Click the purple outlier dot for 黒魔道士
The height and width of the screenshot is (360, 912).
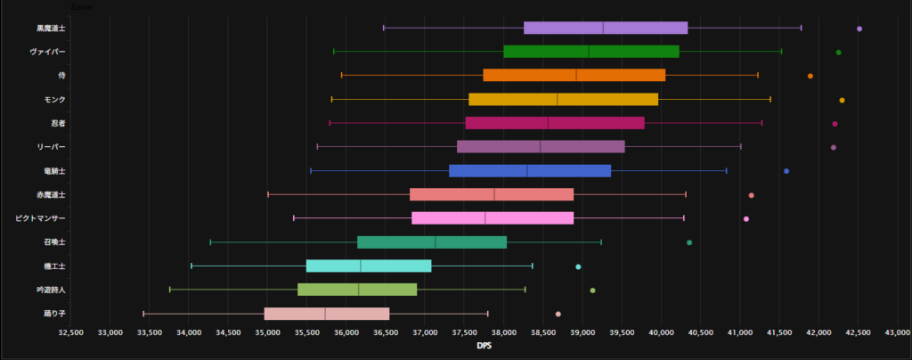tap(859, 29)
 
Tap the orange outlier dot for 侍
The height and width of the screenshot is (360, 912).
tap(810, 76)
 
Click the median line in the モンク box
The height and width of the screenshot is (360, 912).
tap(558, 99)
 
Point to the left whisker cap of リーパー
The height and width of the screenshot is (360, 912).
tap(317, 146)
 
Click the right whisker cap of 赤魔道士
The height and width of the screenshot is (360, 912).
tap(686, 194)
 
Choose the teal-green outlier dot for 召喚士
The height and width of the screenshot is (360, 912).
tap(689, 242)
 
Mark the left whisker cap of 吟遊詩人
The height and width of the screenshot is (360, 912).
tap(170, 290)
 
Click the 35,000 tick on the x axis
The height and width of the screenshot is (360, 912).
tap(267, 332)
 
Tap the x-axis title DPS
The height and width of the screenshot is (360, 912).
tap(484, 346)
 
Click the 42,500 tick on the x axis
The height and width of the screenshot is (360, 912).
tap(858, 332)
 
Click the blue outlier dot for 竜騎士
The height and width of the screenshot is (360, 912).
tap(786, 171)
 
